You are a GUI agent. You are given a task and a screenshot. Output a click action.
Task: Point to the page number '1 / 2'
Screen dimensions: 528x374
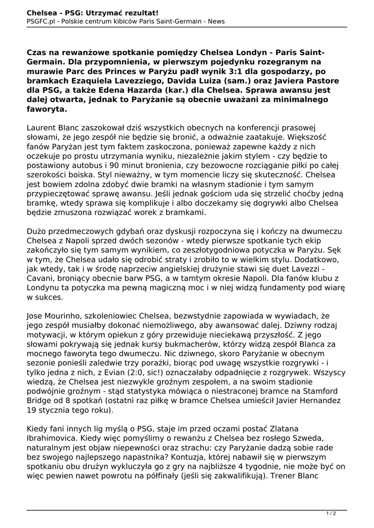coord(331,513)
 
